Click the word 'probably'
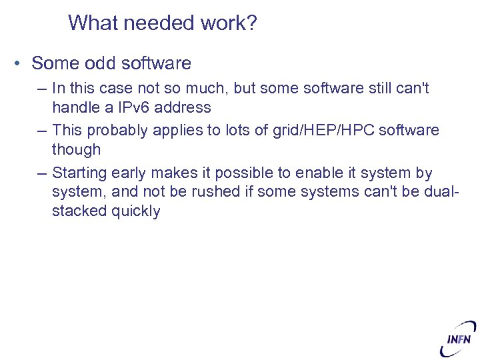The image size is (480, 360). pos(117,129)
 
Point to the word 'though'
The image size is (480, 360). pos(76,149)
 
